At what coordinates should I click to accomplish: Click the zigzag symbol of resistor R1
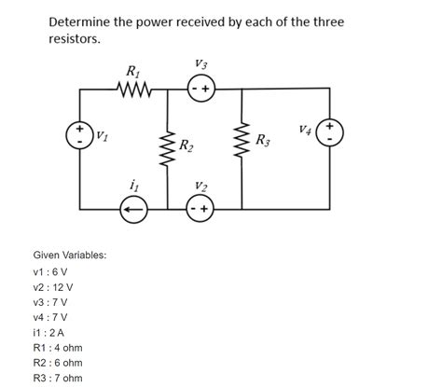(x=132, y=90)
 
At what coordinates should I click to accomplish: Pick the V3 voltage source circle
(x=202, y=90)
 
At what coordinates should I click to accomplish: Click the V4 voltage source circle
(x=330, y=132)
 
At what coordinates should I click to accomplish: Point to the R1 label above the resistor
(x=132, y=70)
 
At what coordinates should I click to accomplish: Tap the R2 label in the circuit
(x=186, y=145)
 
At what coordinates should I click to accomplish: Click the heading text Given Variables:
(x=70, y=255)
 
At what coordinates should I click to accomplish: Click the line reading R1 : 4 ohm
(x=58, y=347)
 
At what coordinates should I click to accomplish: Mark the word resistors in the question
(x=74, y=41)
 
